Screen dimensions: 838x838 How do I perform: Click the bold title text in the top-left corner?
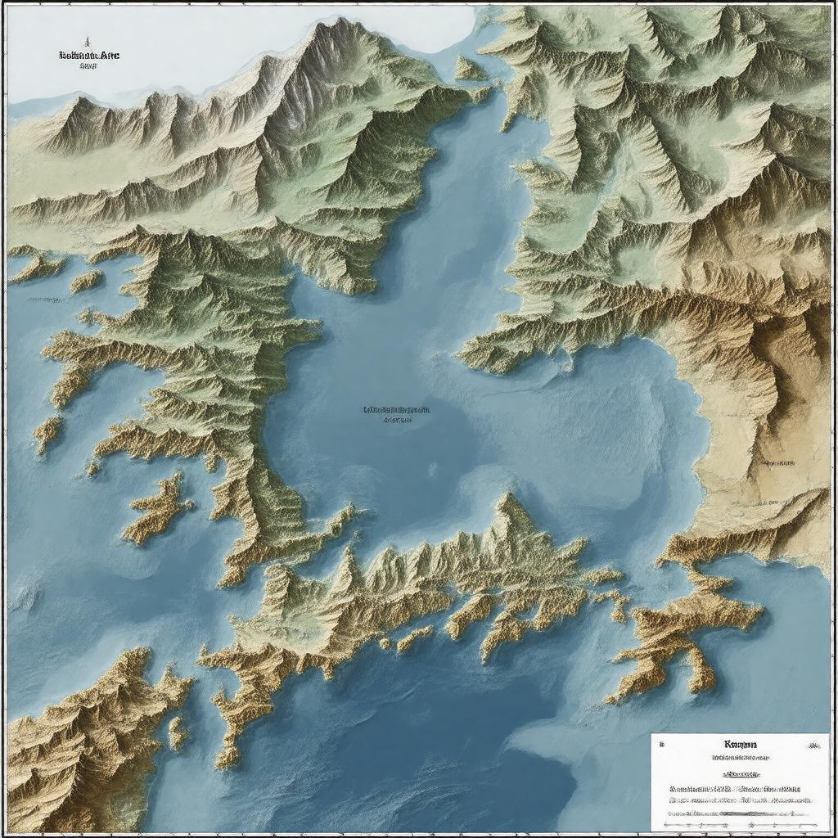point(89,56)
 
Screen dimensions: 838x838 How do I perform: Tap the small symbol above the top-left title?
point(86,41)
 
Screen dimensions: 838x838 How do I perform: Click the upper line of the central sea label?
point(396,410)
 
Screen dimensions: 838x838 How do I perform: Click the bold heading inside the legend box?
point(741,745)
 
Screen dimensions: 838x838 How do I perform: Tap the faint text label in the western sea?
point(47,300)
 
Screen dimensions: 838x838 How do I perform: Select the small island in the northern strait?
point(470,70)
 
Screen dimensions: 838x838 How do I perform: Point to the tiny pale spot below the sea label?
point(431,470)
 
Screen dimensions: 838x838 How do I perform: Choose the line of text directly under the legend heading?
point(741,759)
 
